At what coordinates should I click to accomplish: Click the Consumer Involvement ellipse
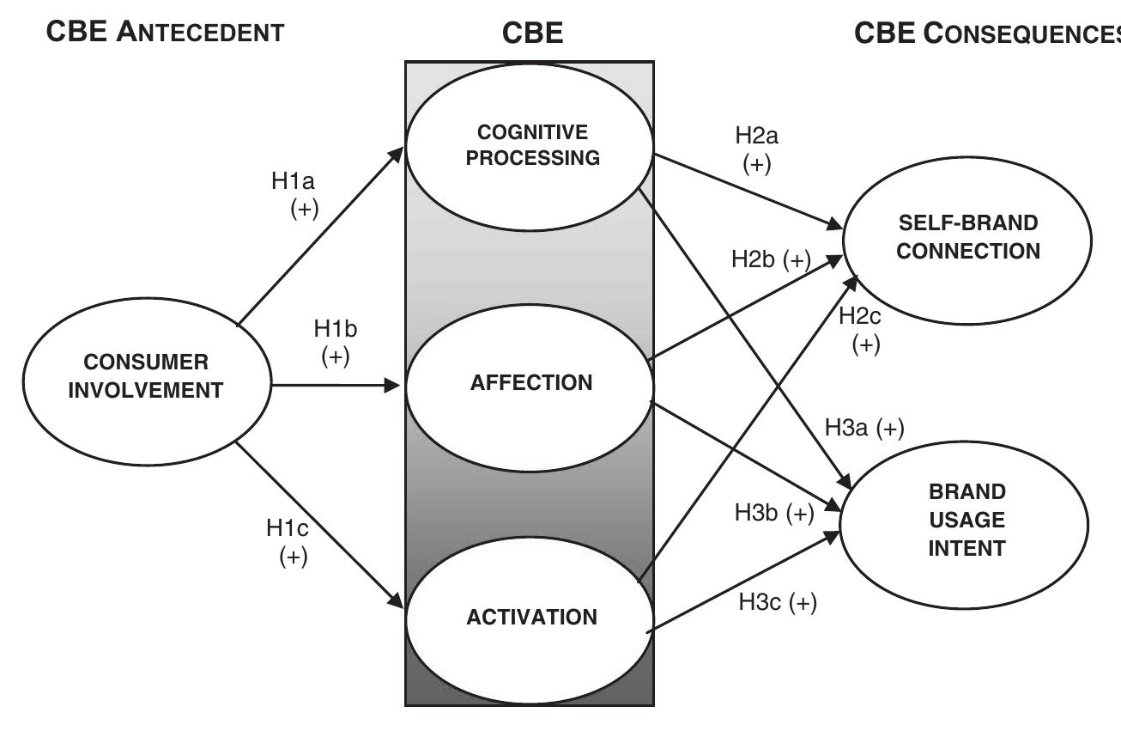pos(145,375)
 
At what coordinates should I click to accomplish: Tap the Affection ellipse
pos(530,383)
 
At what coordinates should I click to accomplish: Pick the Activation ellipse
pos(531,617)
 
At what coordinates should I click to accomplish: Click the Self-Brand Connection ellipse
pos(966,238)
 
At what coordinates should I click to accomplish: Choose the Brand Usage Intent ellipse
pos(966,520)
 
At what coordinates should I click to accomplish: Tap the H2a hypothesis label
pos(756,149)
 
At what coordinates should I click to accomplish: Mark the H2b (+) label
pos(771,260)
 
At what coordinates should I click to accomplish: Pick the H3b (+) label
pos(773,513)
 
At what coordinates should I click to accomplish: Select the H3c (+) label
pos(778,603)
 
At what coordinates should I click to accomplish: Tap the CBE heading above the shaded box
pos(532,33)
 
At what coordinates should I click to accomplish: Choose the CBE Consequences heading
pos(987,33)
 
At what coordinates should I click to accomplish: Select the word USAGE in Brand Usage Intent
pos(966,520)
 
